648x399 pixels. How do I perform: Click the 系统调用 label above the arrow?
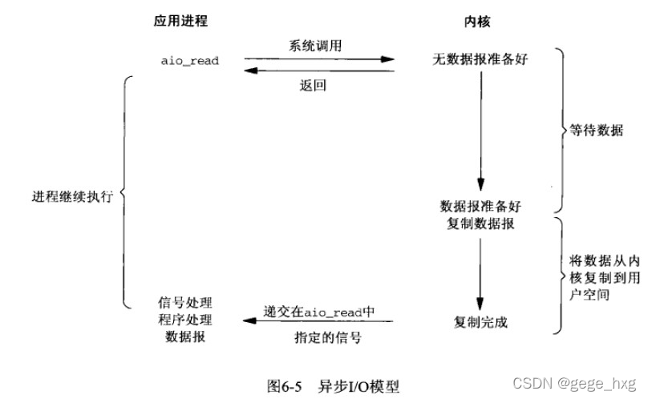click(x=319, y=46)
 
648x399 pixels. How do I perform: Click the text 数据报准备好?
click(x=479, y=206)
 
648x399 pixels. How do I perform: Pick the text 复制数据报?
click(x=479, y=224)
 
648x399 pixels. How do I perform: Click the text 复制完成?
click(x=480, y=323)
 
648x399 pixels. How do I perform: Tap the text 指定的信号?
click(x=318, y=337)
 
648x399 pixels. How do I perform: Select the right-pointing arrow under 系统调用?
click(x=319, y=58)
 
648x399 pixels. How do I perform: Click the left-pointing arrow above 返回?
click(x=319, y=71)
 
